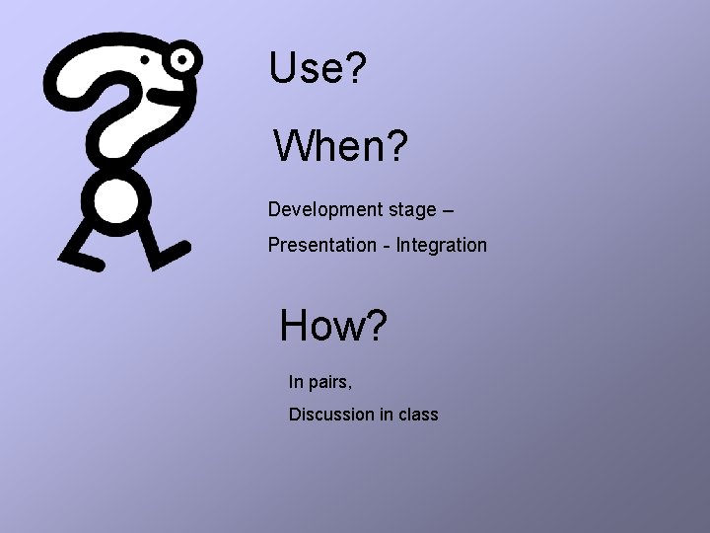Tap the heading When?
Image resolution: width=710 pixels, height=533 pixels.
340,147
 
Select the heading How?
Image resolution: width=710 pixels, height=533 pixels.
333,326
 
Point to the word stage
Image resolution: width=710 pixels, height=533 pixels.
411,210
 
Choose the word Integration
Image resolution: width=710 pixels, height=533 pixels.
442,245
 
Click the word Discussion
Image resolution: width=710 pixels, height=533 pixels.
331,415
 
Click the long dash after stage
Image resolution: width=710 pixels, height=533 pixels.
448,210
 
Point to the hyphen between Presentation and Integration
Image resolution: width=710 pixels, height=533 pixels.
387,246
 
